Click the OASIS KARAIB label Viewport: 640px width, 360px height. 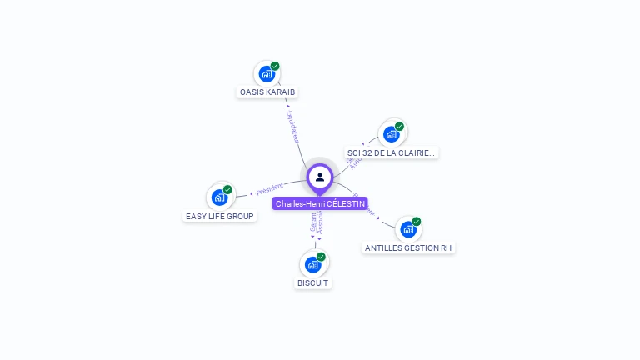pyautogui.click(x=267, y=92)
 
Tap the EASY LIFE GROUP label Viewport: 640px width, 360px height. pyautogui.click(x=220, y=216)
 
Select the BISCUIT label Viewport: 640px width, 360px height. pyautogui.click(x=313, y=283)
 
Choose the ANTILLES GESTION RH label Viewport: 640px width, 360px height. pyautogui.click(x=409, y=248)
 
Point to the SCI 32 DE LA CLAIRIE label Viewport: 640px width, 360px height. pyautogui.click(x=391, y=152)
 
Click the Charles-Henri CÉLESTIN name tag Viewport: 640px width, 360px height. pyautogui.click(x=320, y=204)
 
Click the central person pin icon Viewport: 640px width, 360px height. pyautogui.click(x=320, y=177)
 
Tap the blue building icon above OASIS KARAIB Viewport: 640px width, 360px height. pyautogui.click(x=266, y=74)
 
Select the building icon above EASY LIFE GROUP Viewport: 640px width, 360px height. pyautogui.click(x=219, y=197)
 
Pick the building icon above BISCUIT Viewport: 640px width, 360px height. pyautogui.click(x=312, y=265)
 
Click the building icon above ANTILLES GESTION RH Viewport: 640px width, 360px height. pyautogui.click(x=407, y=229)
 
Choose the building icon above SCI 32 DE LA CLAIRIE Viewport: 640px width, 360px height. pyautogui.click(x=391, y=134)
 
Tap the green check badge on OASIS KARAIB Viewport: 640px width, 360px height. pyautogui.click(x=275, y=66)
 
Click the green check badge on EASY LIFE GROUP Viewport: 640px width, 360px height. pyautogui.click(x=227, y=189)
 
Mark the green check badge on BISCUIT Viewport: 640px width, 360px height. pyautogui.click(x=321, y=257)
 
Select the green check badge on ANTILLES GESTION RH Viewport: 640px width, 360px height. pyautogui.click(x=417, y=221)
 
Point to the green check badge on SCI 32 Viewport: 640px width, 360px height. pyautogui.click(x=399, y=126)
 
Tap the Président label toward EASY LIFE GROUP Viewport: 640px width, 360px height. pyautogui.click(x=269, y=189)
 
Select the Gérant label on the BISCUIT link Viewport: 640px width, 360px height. pyautogui.click(x=313, y=224)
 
